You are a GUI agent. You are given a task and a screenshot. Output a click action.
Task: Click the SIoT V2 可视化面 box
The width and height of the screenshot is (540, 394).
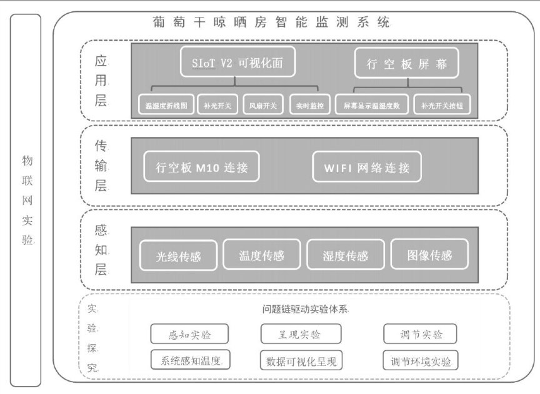coord(237,62)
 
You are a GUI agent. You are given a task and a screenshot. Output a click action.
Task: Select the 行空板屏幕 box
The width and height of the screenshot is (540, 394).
coord(406,64)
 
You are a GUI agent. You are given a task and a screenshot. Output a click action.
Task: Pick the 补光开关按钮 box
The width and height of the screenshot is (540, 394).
coord(446,105)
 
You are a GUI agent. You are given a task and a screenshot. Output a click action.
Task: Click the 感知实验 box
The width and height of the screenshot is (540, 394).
coord(189,334)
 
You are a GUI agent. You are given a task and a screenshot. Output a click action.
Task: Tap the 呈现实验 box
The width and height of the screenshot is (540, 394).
coord(299,334)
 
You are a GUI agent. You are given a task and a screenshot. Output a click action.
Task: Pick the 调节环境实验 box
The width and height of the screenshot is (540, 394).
coord(420,360)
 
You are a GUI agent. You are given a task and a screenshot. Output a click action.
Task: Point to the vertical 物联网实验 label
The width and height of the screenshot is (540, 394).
coord(26,200)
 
